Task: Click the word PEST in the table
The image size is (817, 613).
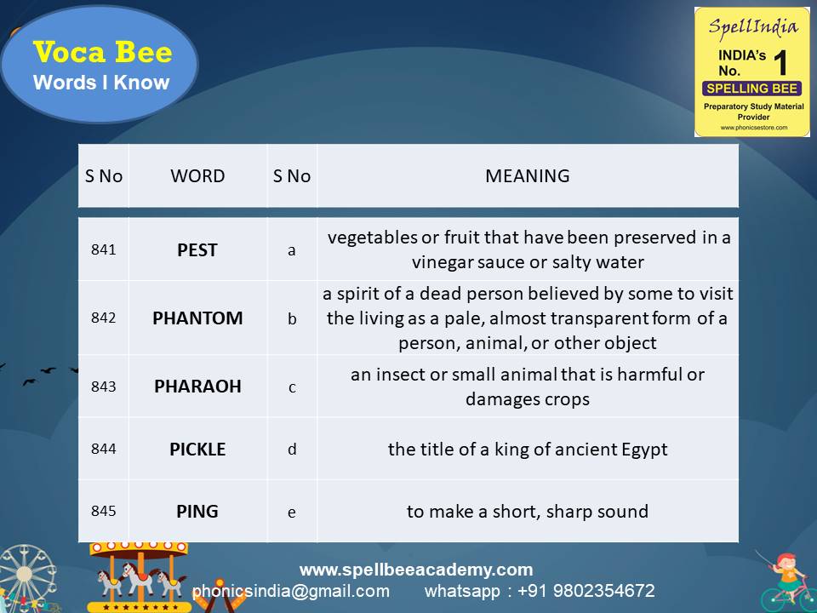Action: (197, 250)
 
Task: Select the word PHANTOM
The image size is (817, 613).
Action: (197, 318)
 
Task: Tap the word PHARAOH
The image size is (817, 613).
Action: (197, 386)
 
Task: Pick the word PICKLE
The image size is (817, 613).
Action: (197, 449)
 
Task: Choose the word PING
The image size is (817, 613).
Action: (197, 512)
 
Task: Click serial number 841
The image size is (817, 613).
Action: (103, 250)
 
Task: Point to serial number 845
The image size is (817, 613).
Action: (103, 512)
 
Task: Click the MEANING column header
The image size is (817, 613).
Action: (527, 176)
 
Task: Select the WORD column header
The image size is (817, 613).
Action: (197, 176)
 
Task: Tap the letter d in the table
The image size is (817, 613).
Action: (292, 449)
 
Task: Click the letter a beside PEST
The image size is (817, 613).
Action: (292, 251)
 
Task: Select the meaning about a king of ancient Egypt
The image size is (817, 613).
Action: (528, 449)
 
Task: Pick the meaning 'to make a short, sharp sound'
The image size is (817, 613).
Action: (528, 512)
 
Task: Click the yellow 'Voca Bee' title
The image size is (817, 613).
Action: (102, 53)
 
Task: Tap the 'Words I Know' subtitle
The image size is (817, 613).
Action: (101, 83)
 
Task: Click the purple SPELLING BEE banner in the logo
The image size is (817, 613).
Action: (751, 88)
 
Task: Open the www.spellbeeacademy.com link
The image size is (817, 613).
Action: (416, 570)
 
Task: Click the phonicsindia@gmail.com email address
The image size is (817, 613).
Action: (291, 591)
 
